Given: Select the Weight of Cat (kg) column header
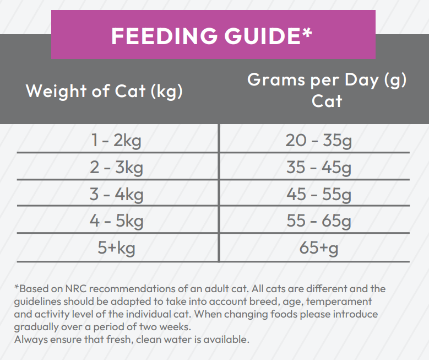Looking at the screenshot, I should [x=104, y=90].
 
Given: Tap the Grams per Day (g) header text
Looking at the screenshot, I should [x=327, y=80].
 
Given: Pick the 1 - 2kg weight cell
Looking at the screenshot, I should [x=116, y=140].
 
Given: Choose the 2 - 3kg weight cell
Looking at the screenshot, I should [x=116, y=167].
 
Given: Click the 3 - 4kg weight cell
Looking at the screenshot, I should [x=116, y=194].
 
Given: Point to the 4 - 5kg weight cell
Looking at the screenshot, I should [x=116, y=221].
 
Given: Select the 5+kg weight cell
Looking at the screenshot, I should [x=116, y=248].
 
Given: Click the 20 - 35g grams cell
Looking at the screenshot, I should [x=318, y=140].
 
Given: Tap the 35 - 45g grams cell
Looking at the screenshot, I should [x=318, y=167].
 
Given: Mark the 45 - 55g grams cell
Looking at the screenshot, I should [x=318, y=194].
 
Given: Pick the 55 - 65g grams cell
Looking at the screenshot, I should [x=318, y=221].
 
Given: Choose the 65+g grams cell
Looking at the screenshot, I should [x=318, y=248].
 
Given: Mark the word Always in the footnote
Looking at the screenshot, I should [x=28, y=339].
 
